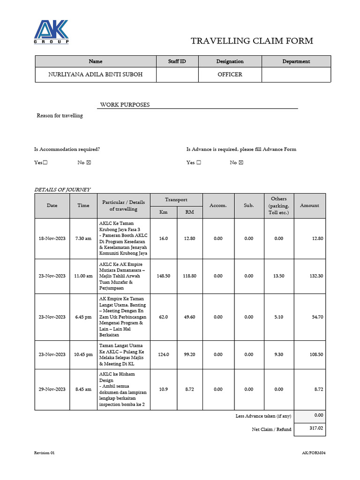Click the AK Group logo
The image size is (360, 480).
[52, 32]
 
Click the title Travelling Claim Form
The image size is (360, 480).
[252, 41]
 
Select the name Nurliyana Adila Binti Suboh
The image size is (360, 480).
[95, 75]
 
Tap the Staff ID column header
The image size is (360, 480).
[177, 61]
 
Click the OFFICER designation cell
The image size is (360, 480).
[230, 75]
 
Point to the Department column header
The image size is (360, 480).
[296, 61]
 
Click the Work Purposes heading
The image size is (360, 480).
[125, 105]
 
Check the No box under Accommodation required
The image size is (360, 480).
[89, 163]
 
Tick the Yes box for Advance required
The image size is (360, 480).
[199, 163]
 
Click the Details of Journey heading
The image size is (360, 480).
[62, 189]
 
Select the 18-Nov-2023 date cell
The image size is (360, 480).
[52, 239]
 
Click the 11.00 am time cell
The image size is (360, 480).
[83, 276]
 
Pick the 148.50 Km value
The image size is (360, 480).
[164, 276]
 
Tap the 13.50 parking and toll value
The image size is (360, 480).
[278, 276]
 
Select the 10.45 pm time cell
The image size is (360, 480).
[83, 354]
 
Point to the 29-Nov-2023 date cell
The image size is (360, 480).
[52, 390]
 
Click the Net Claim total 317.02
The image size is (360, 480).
[309, 428]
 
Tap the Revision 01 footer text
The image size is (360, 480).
[45, 453]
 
